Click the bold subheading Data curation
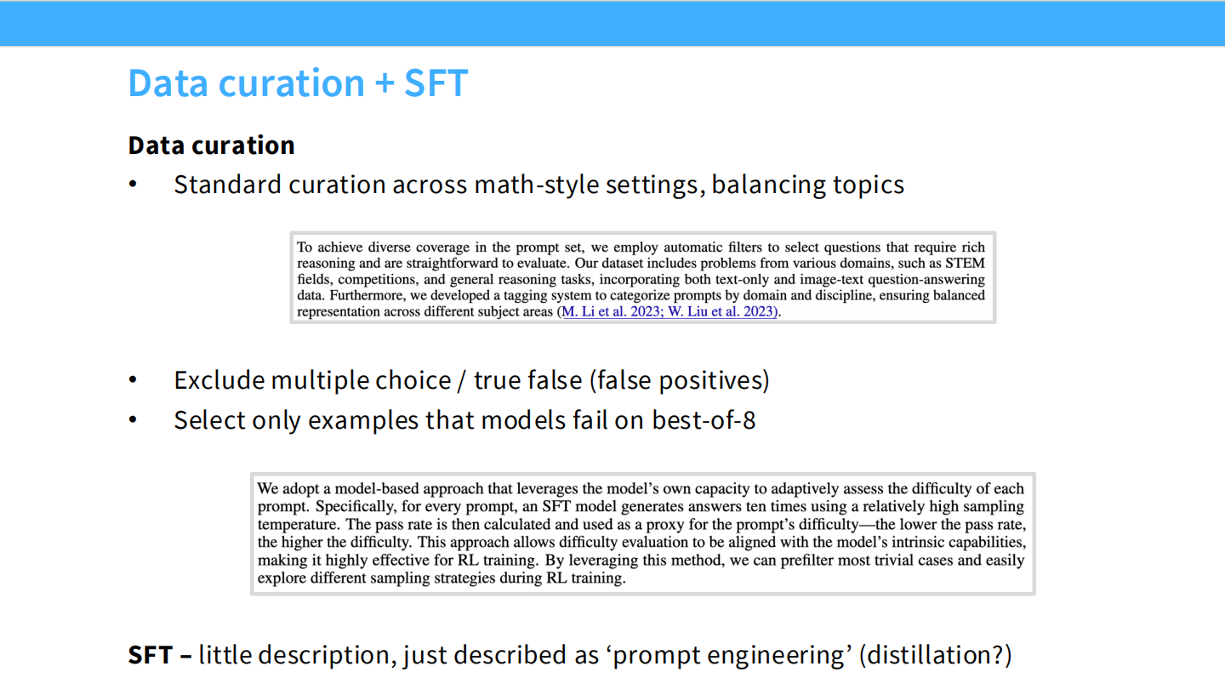tap(211, 145)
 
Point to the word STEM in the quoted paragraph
tap(965, 263)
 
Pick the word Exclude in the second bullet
tap(219, 380)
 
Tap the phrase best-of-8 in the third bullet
tap(704, 420)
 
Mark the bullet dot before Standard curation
tap(133, 185)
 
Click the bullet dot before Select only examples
tap(133, 420)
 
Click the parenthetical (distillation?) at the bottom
tap(935, 655)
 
